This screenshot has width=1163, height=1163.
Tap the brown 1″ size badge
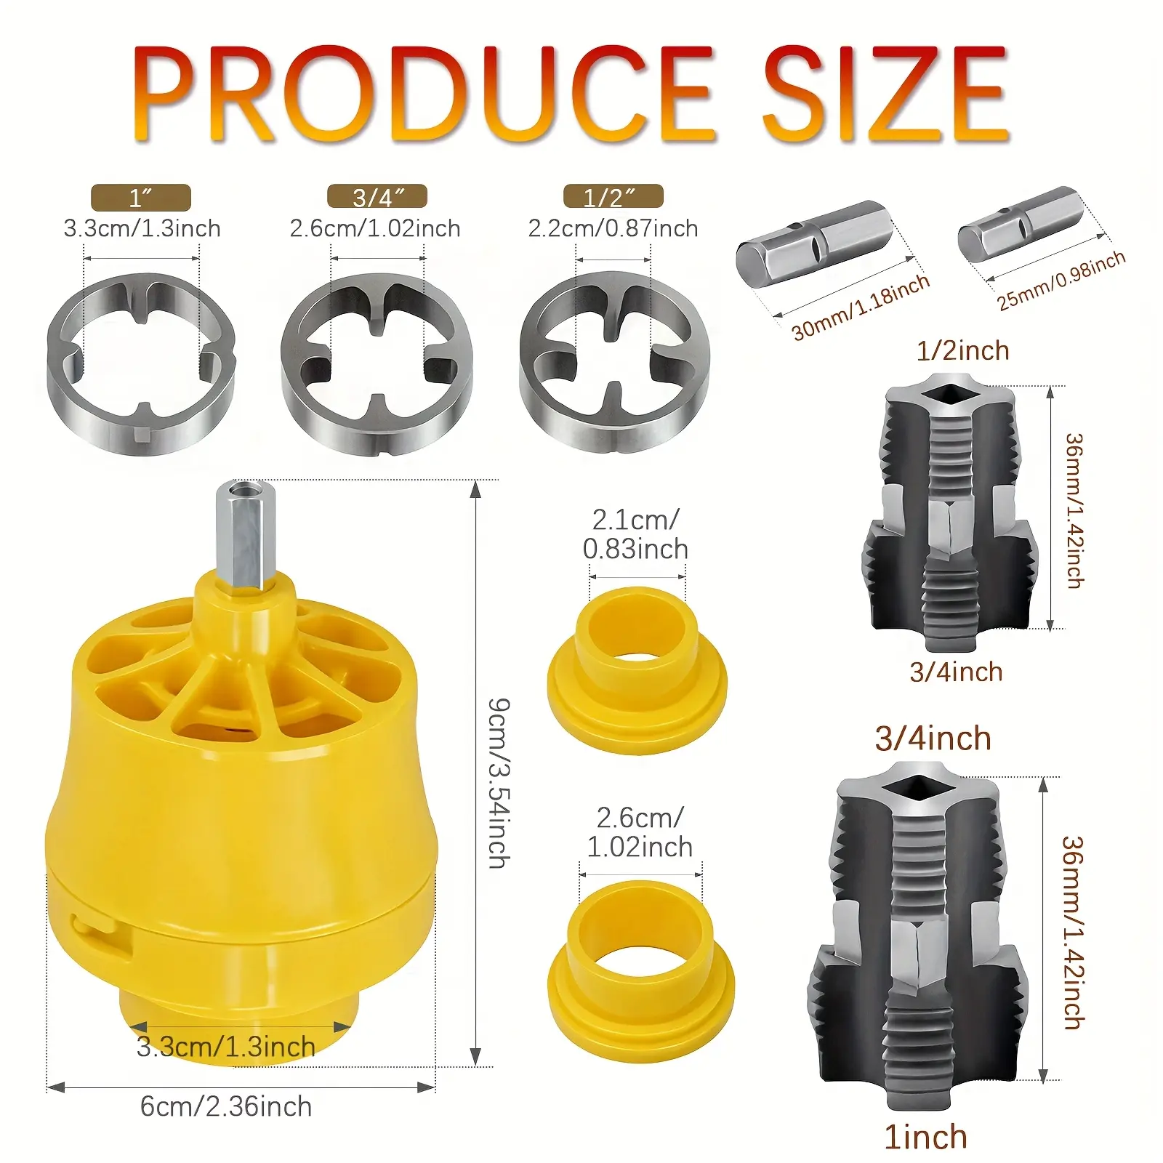[141, 198]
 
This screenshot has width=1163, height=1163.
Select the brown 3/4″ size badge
[377, 197]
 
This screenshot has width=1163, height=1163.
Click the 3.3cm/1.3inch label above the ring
[142, 228]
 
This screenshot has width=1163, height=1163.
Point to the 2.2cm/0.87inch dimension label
[613, 228]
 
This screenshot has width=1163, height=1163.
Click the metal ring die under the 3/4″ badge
[377, 363]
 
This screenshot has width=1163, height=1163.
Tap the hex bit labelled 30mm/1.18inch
[814, 243]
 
